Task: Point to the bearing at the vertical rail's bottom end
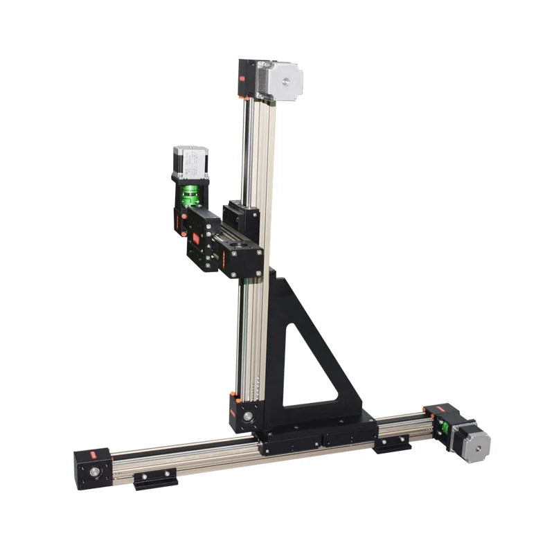coord(247,417)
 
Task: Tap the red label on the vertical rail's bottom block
coord(235,399)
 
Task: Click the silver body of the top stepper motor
coord(280,82)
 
